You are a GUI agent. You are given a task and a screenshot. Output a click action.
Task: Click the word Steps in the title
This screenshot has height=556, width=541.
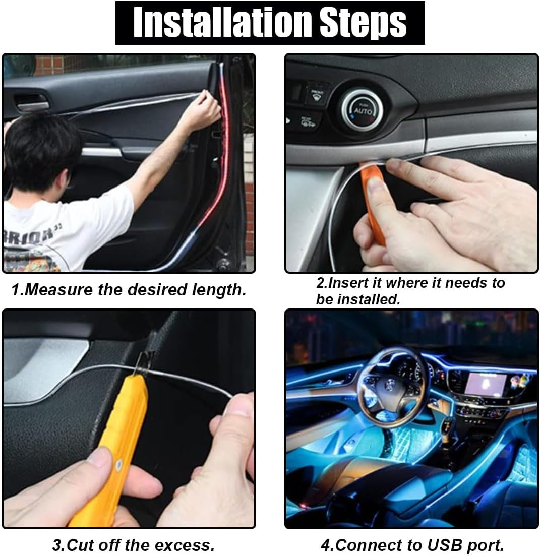coord(359,23)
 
